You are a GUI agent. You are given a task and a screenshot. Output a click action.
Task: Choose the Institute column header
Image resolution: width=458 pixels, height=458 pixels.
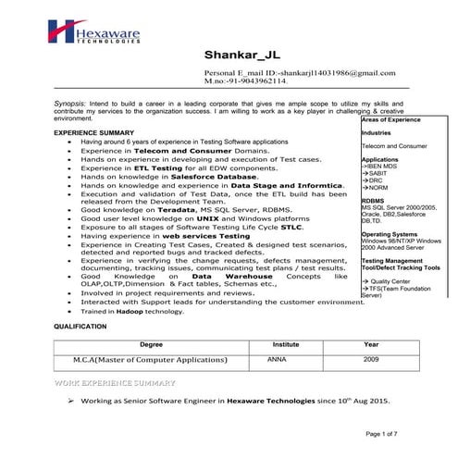[285, 343]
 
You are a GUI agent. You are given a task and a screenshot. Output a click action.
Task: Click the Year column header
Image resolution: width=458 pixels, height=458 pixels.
[371, 343]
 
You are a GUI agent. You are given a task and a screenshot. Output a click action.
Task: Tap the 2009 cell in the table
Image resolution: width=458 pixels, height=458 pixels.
[371, 358]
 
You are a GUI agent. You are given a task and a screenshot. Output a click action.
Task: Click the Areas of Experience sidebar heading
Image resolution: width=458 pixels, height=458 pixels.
[391, 120]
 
